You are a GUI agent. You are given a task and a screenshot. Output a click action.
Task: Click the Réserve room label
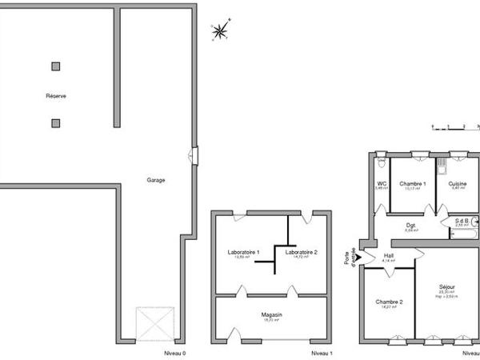click(56, 96)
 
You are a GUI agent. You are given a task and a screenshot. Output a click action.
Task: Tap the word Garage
click(156, 180)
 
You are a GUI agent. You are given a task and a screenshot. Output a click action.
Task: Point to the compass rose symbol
click(218, 31)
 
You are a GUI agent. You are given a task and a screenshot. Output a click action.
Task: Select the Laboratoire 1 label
click(243, 253)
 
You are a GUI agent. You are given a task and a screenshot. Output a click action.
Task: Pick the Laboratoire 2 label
click(301, 253)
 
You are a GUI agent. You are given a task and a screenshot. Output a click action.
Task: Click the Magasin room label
click(272, 315)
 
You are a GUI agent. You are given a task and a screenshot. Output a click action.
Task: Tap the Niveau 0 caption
click(174, 353)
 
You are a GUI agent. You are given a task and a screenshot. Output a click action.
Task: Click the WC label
click(382, 184)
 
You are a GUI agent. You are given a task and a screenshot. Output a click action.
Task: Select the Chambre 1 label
click(413, 184)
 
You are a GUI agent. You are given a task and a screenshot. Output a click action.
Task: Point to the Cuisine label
click(458, 184)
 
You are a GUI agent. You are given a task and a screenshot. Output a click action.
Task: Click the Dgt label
click(410, 225)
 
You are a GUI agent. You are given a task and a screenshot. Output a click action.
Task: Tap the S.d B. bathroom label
click(462, 221)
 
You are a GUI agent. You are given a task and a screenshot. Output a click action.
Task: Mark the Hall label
click(389, 255)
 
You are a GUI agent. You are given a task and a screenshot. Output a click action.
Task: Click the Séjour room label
click(447, 286)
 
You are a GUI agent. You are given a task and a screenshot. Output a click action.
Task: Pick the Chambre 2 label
click(389, 302)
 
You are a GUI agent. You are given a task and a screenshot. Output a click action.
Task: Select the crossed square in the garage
click(155, 324)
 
